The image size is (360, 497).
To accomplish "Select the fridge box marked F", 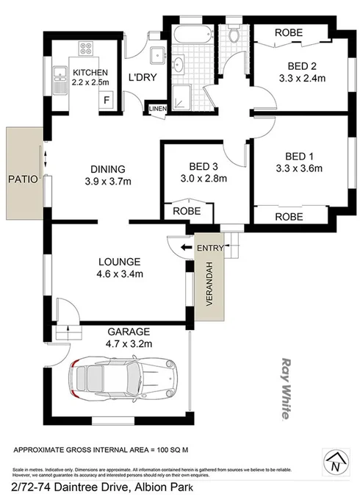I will pyautogui.click(x=107, y=99).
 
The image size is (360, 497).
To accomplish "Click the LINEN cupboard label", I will pyautogui.click(x=157, y=109).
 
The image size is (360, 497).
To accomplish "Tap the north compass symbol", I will pyautogui.click(x=335, y=463).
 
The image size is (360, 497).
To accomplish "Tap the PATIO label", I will pyautogui.click(x=21, y=178).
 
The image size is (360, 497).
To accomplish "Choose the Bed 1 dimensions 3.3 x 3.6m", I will pyautogui.click(x=303, y=168).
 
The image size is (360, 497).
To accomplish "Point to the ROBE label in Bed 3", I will pyautogui.click(x=183, y=211).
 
